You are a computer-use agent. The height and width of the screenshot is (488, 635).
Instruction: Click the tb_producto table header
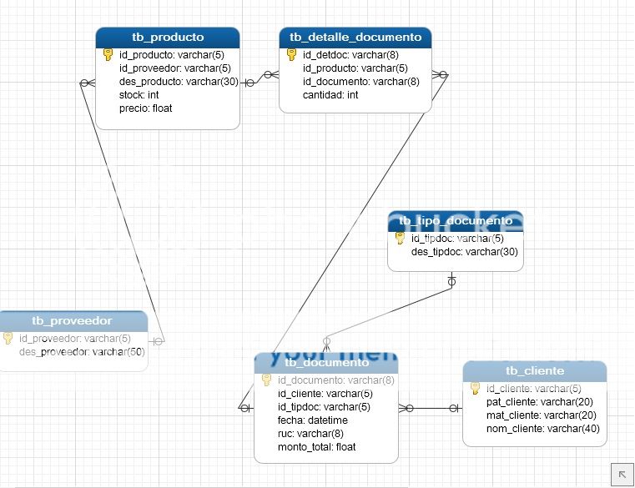(x=168, y=37)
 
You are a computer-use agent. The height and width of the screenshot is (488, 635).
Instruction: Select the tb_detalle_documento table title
(x=355, y=37)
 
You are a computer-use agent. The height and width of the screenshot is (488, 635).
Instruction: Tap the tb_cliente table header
(x=535, y=370)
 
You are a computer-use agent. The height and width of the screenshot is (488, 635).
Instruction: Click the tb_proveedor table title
(x=72, y=320)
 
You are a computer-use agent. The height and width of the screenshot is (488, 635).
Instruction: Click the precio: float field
(x=146, y=108)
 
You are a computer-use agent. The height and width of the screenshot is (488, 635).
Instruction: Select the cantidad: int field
(x=330, y=95)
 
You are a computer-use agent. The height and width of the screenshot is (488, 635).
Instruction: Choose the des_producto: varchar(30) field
(x=179, y=82)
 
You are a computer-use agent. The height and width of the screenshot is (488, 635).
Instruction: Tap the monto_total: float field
(x=317, y=447)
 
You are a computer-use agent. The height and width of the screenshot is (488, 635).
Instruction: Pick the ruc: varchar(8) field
(x=310, y=434)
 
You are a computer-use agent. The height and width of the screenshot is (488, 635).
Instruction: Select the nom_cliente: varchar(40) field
(x=542, y=429)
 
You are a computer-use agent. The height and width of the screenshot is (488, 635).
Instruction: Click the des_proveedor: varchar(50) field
(x=82, y=352)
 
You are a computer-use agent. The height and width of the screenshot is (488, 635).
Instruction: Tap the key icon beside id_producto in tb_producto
(x=108, y=55)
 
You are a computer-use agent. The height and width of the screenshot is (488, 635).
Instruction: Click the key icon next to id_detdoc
(x=291, y=55)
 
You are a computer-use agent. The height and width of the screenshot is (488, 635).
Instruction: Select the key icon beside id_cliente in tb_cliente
(x=475, y=389)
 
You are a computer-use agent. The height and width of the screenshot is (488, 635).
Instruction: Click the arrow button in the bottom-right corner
(x=622, y=473)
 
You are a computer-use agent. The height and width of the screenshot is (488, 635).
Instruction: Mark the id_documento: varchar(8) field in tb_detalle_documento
(x=361, y=82)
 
